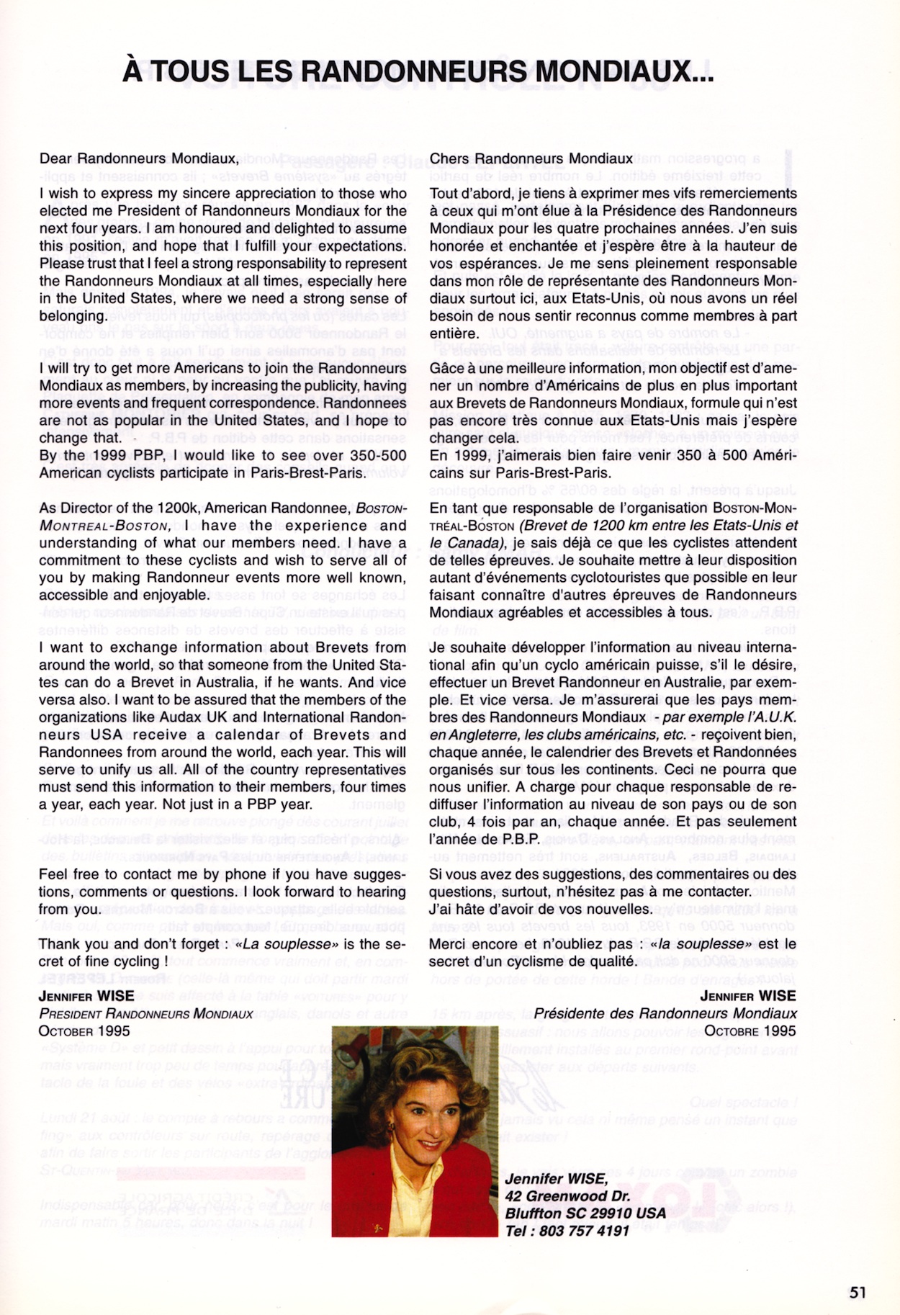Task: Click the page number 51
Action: point(857,1292)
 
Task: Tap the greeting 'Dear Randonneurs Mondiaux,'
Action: point(138,158)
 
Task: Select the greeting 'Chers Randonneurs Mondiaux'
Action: point(531,158)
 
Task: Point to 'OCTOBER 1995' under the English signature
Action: point(84,1031)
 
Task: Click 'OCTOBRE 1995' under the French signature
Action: point(750,1031)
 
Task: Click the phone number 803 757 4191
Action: point(584,1231)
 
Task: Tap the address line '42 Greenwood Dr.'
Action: point(567,1196)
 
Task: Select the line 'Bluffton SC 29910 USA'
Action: point(585,1213)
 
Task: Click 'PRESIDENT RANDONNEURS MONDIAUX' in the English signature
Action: point(145,1013)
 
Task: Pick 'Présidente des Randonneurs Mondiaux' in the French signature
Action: point(665,1013)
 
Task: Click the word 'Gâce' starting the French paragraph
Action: point(447,368)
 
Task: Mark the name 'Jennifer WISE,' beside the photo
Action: point(556,1179)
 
